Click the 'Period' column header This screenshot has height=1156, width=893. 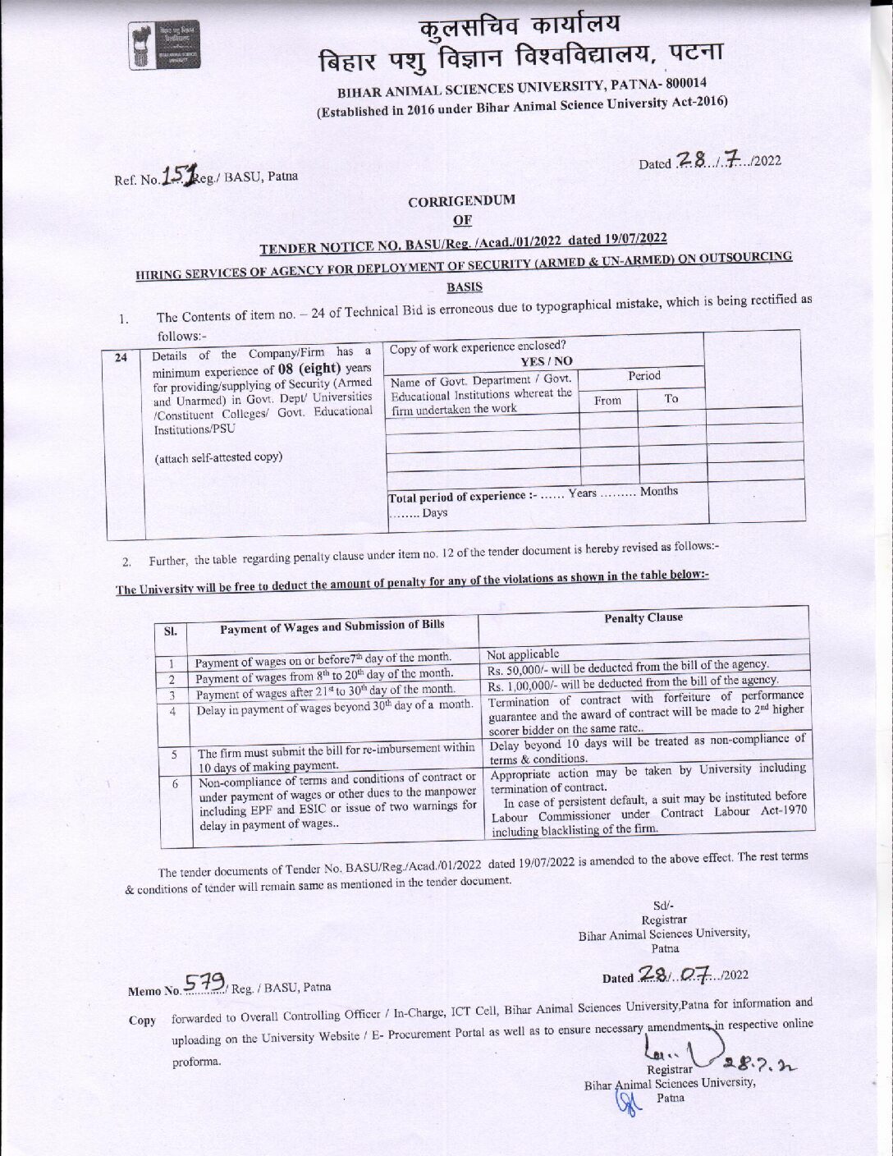coord(643,376)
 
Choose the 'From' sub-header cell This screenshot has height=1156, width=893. coord(607,400)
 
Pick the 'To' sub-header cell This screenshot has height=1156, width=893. coord(671,398)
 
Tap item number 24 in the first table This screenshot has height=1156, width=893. coord(121,357)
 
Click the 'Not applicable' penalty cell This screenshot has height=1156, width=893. coord(523,654)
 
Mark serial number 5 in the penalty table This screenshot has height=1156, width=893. coord(174,753)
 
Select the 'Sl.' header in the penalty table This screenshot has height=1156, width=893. coord(172,632)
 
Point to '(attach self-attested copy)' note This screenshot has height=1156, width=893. coord(219,457)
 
